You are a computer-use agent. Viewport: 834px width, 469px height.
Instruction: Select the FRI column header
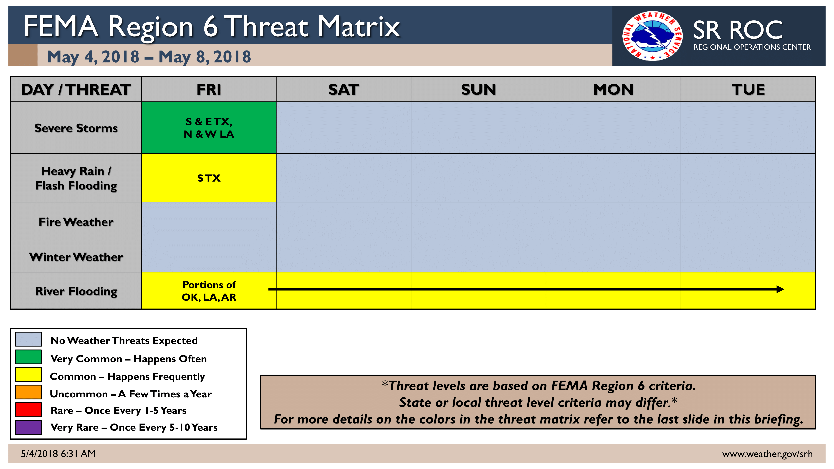tap(209, 89)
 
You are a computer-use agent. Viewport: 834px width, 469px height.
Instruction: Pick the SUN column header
tap(478, 89)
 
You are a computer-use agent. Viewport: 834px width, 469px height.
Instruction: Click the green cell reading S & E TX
tap(209, 128)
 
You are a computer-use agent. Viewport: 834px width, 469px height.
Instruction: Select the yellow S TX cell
tap(209, 178)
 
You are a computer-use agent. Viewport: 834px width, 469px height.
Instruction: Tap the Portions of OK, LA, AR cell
tap(209, 291)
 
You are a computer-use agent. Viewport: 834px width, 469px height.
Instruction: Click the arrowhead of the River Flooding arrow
tap(780, 289)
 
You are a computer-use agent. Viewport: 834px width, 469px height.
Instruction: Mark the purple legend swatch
tap(28, 427)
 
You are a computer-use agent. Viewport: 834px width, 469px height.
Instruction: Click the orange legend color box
tap(28, 392)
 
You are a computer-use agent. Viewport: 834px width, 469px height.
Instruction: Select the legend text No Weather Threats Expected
tap(124, 340)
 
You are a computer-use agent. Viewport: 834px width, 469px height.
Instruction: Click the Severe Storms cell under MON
tap(613, 128)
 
